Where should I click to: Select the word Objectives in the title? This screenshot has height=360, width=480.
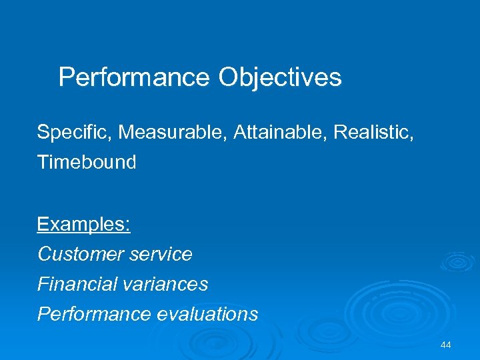[x=280, y=78]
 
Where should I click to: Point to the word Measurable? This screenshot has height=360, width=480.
[x=173, y=132]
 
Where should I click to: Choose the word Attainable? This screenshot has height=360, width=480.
[x=281, y=132]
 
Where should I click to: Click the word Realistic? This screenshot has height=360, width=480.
[x=373, y=132]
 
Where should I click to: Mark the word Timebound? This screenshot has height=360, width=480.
[x=87, y=162]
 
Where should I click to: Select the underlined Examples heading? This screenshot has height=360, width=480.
[x=84, y=224]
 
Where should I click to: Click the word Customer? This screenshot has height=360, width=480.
[x=79, y=254]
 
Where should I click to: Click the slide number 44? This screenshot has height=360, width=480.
[x=446, y=345]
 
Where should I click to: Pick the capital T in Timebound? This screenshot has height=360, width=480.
[x=42, y=162]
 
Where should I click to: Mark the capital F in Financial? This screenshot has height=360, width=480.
[x=42, y=284]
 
